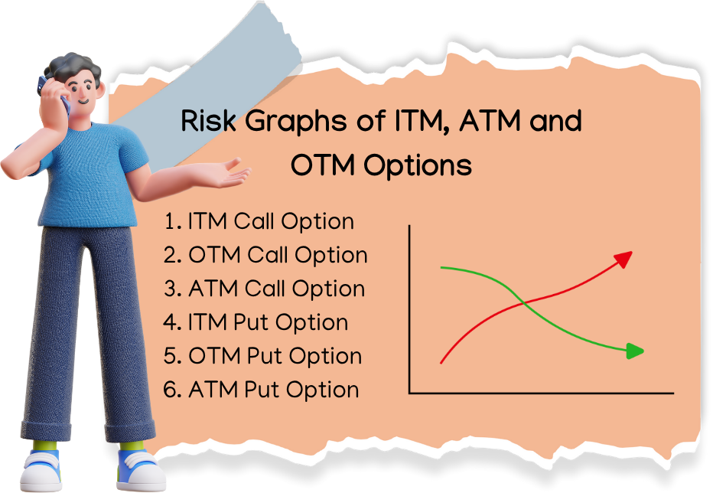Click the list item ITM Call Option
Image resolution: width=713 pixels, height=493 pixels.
point(259,222)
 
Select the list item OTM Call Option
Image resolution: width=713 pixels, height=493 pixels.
point(265,255)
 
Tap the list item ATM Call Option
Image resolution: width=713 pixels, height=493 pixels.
point(264,289)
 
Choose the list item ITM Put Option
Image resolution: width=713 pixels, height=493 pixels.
point(256,322)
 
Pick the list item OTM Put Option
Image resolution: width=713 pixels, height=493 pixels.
point(262,356)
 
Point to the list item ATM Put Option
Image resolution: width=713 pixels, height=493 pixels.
point(261,390)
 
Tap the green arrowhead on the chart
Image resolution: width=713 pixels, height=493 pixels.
point(634,351)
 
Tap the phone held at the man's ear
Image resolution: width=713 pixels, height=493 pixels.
point(59,96)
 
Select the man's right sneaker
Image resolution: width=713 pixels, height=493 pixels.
point(42,469)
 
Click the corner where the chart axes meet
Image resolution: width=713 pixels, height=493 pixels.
point(411,393)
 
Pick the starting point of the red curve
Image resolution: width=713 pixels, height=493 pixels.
point(441,361)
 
